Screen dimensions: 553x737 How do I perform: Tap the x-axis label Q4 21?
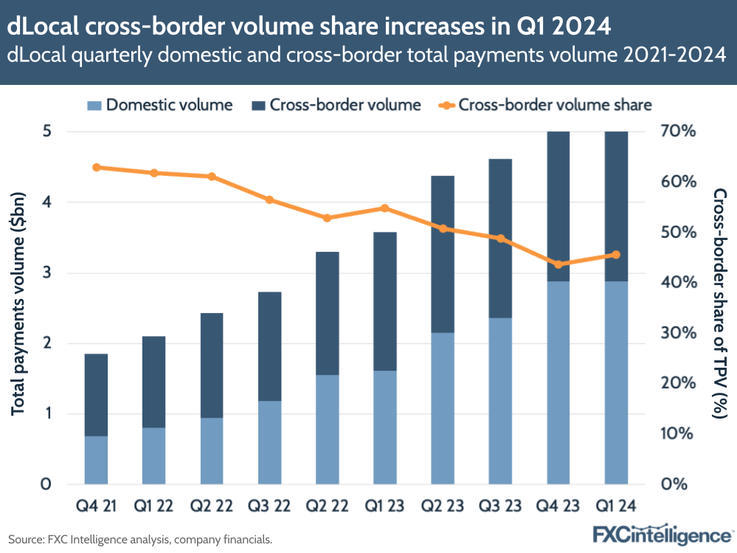(96, 506)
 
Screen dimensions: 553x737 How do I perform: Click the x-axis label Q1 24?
(616, 506)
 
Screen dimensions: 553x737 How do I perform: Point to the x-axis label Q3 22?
(269, 506)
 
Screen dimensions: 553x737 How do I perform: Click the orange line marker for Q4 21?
(96, 168)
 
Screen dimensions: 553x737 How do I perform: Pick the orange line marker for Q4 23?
(558, 264)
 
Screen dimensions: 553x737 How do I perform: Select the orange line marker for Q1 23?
(385, 208)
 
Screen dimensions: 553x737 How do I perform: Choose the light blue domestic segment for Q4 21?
(96, 460)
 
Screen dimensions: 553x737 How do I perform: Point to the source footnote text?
(140, 540)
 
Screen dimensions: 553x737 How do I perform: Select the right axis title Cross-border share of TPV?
(720, 303)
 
